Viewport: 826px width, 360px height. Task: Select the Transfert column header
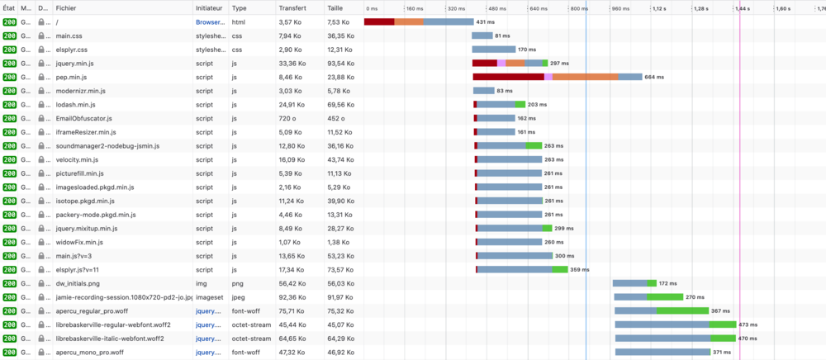(x=293, y=7)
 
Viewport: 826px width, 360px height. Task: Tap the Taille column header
(x=335, y=7)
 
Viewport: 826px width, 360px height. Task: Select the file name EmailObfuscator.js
(x=84, y=118)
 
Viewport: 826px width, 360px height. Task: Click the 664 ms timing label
(x=654, y=77)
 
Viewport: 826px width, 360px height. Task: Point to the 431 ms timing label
(x=486, y=22)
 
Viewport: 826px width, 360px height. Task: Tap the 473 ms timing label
(x=748, y=324)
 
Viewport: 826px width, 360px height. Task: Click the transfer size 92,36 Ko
(x=292, y=297)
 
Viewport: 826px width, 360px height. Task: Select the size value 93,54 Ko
(x=339, y=63)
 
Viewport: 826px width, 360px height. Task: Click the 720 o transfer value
(x=287, y=118)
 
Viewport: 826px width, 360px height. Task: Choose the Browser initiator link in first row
(x=210, y=22)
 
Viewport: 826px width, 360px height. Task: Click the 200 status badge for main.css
(x=9, y=36)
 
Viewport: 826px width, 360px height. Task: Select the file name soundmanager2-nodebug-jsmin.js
(x=107, y=146)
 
